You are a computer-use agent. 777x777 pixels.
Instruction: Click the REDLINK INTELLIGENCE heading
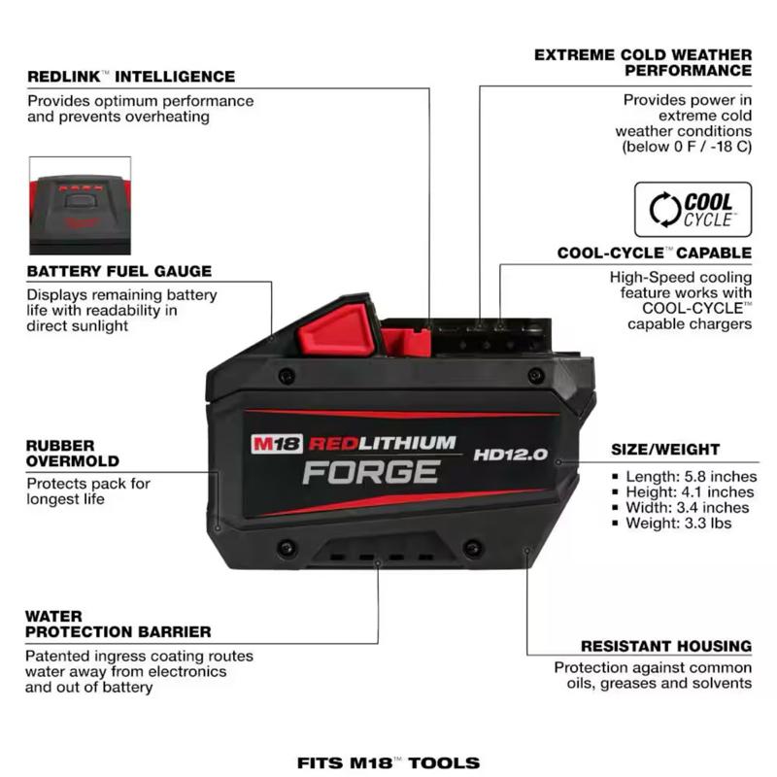pyautogui.click(x=131, y=77)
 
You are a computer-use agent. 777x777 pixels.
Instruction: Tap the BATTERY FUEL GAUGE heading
pyautogui.click(x=119, y=271)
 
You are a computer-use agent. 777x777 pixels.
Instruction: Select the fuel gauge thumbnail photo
pyautogui.click(x=81, y=206)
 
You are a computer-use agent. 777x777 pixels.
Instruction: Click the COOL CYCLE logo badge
pyautogui.click(x=693, y=210)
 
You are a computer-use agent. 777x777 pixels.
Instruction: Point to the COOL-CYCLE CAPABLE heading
pyautogui.click(x=654, y=253)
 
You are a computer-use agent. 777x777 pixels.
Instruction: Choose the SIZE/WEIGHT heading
pyautogui.click(x=665, y=450)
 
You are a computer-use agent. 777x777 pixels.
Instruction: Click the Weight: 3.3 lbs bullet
pyautogui.click(x=672, y=523)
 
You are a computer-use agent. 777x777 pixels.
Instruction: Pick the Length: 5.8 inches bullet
pyautogui.click(x=685, y=476)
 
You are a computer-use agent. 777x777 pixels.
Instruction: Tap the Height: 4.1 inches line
pyautogui.click(x=684, y=492)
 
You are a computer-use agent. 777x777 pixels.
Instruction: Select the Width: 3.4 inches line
pyautogui.click(x=681, y=507)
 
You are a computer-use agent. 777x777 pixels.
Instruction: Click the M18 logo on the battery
pyautogui.click(x=276, y=444)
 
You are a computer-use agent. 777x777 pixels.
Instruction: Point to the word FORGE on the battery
pyautogui.click(x=371, y=472)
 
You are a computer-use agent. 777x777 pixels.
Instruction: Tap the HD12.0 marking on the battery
pyautogui.click(x=511, y=455)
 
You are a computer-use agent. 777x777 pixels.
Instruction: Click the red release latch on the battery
pyautogui.click(x=337, y=329)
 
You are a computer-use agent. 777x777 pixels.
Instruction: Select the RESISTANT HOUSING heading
pyautogui.click(x=666, y=646)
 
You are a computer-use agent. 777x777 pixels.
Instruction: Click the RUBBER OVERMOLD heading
pyautogui.click(x=72, y=454)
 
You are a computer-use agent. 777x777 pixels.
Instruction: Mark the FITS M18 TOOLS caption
pyautogui.click(x=388, y=762)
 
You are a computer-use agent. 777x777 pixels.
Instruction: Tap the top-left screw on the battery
pyautogui.click(x=287, y=375)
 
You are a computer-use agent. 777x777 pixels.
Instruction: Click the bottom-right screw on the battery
pyautogui.click(x=473, y=548)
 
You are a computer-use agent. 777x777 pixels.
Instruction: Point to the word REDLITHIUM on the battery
pyautogui.click(x=382, y=443)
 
